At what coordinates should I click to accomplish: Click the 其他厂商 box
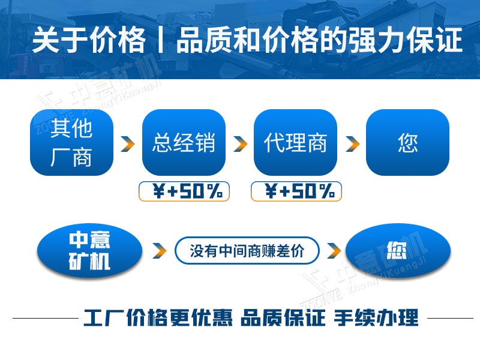pyautogui.click(x=71, y=142)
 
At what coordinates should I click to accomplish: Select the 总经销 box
pyautogui.click(x=184, y=142)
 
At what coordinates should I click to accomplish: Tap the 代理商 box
pyautogui.click(x=296, y=142)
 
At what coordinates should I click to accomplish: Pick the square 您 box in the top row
pyautogui.click(x=407, y=142)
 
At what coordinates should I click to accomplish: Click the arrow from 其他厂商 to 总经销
pyautogui.click(x=127, y=144)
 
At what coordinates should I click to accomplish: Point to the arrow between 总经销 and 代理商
pyautogui.click(x=240, y=144)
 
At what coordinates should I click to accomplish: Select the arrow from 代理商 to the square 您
pyautogui.click(x=352, y=144)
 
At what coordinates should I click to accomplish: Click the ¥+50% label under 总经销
pyautogui.click(x=185, y=191)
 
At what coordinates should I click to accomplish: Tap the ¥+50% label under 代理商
pyautogui.click(x=296, y=191)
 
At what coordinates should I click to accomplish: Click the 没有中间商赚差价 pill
pyautogui.click(x=247, y=251)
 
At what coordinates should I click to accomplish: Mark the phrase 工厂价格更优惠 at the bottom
pyautogui.click(x=158, y=317)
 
